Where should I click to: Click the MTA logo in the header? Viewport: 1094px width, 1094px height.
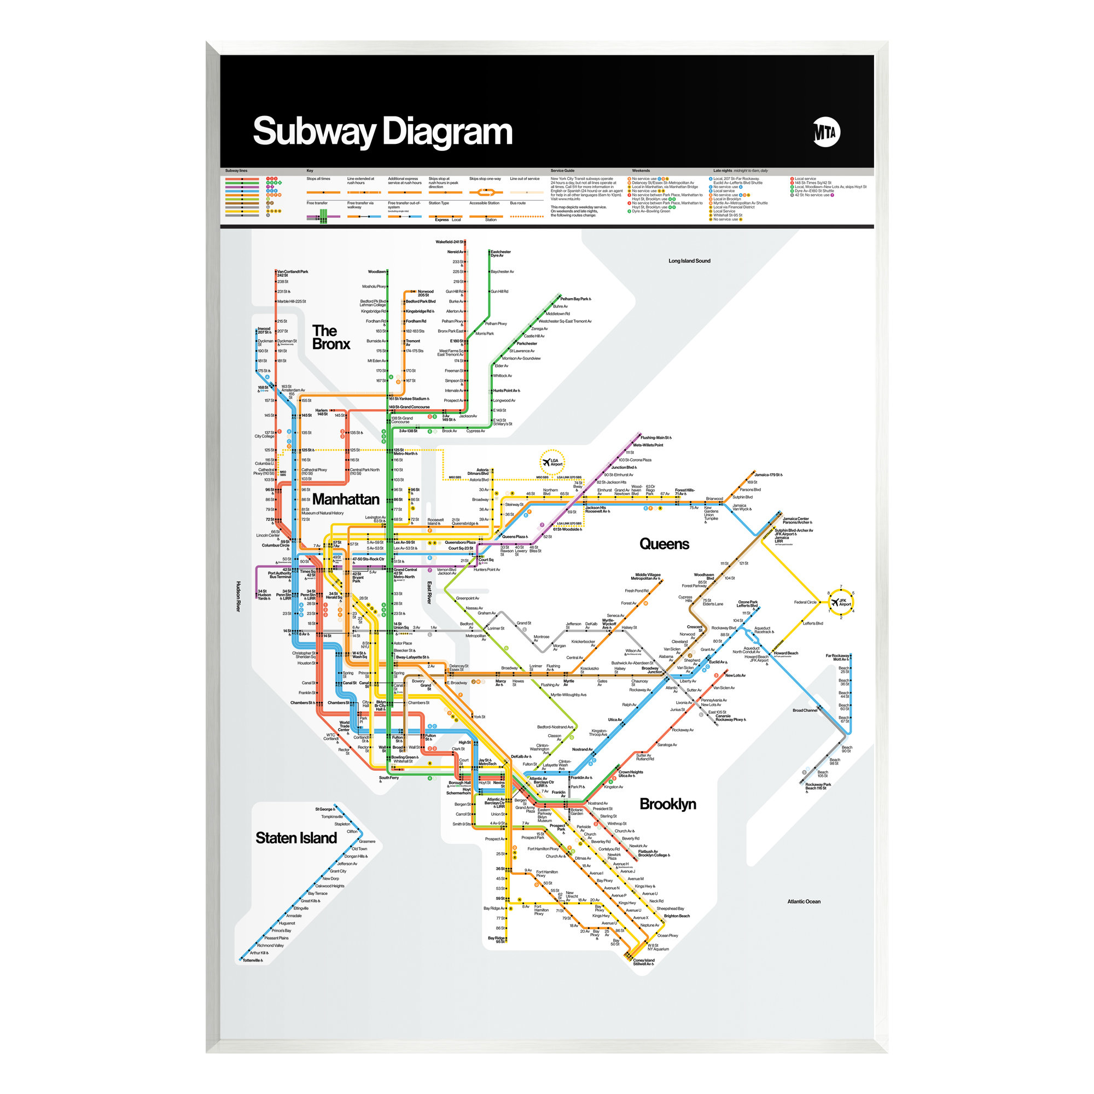point(825,133)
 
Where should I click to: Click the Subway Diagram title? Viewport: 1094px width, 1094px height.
point(382,131)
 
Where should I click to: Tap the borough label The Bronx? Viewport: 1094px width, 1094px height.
point(331,337)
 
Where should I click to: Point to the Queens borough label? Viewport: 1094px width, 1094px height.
point(664,544)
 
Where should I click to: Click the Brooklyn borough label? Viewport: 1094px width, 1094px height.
point(667,804)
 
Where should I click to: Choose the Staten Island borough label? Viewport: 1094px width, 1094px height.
point(295,838)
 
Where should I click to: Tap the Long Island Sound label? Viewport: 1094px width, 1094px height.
point(689,261)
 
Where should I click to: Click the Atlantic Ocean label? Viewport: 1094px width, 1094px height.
point(804,901)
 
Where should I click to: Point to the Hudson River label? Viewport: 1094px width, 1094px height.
point(238,596)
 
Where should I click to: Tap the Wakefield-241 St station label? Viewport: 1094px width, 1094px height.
point(449,242)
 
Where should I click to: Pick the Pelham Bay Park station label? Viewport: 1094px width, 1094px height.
point(575,299)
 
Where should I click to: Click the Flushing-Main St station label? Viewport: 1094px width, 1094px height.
point(655,438)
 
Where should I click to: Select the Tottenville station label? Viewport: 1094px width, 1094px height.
point(253,961)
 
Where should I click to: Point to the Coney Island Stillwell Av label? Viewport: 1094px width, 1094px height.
point(643,962)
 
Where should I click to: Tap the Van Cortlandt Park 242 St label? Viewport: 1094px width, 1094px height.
point(293,273)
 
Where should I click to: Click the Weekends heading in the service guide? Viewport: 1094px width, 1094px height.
point(641,171)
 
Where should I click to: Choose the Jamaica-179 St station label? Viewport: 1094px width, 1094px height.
point(768,474)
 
